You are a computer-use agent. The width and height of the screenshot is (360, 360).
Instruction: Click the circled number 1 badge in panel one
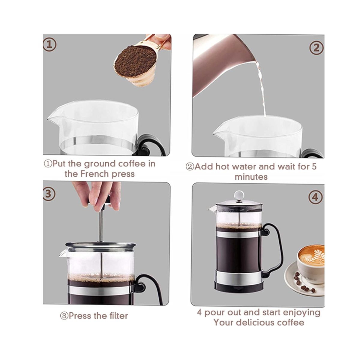coord(49,45)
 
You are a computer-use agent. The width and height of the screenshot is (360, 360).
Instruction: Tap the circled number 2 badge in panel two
coord(316,48)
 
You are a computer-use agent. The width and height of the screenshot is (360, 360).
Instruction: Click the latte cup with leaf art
coord(310,265)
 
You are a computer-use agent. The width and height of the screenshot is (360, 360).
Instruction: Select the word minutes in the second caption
coord(251,177)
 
